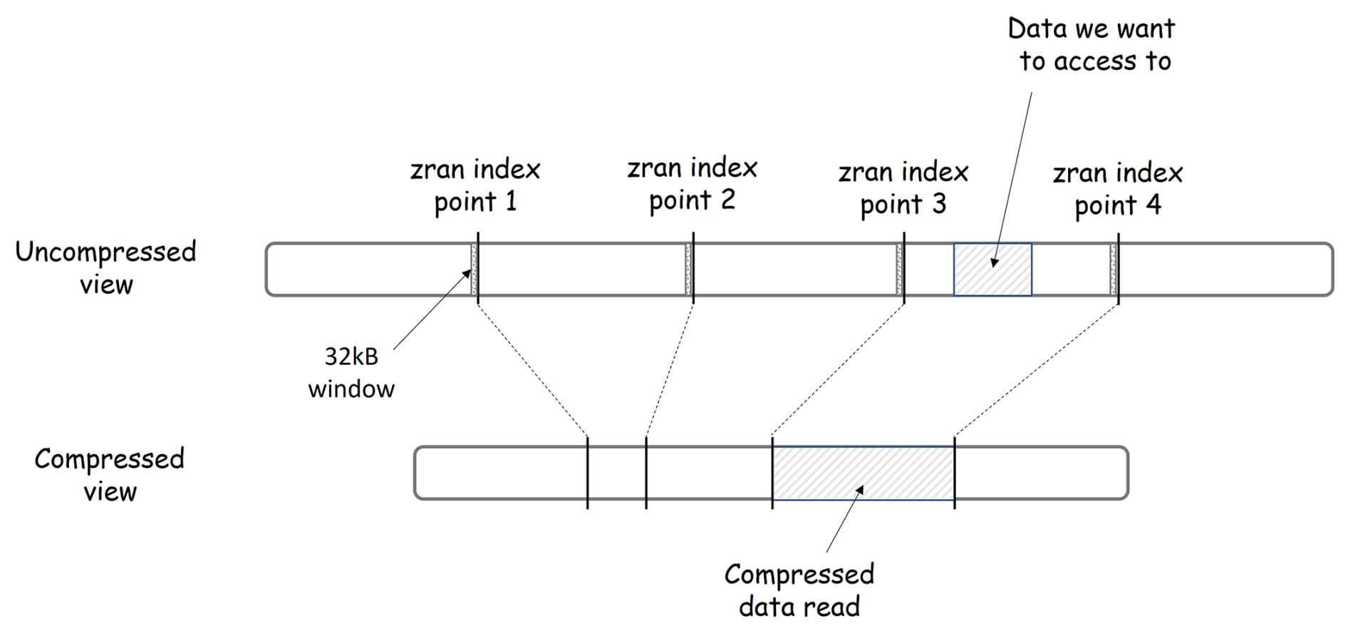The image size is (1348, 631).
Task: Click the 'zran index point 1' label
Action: click(x=475, y=185)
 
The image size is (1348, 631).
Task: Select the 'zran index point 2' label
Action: click(x=692, y=184)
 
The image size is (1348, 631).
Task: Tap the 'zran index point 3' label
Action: click(x=903, y=188)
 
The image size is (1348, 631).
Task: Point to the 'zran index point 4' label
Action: click(x=1117, y=189)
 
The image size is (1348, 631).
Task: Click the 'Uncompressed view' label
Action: click(x=105, y=268)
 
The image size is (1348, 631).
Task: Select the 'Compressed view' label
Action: click(x=109, y=475)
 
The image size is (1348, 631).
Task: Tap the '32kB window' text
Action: click(x=351, y=372)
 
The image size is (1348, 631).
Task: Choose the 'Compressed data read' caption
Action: click(x=799, y=590)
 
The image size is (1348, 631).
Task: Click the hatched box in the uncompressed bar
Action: click(x=992, y=270)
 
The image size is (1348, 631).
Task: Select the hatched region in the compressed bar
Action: click(x=863, y=473)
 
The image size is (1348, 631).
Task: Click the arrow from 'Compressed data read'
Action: click(x=845, y=518)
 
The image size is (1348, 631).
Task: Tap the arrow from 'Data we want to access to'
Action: click(x=1013, y=178)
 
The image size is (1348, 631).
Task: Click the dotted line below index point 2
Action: click(x=670, y=370)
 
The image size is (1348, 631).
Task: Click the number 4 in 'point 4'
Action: click(x=1153, y=205)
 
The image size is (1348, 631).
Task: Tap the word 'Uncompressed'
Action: click(x=105, y=252)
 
